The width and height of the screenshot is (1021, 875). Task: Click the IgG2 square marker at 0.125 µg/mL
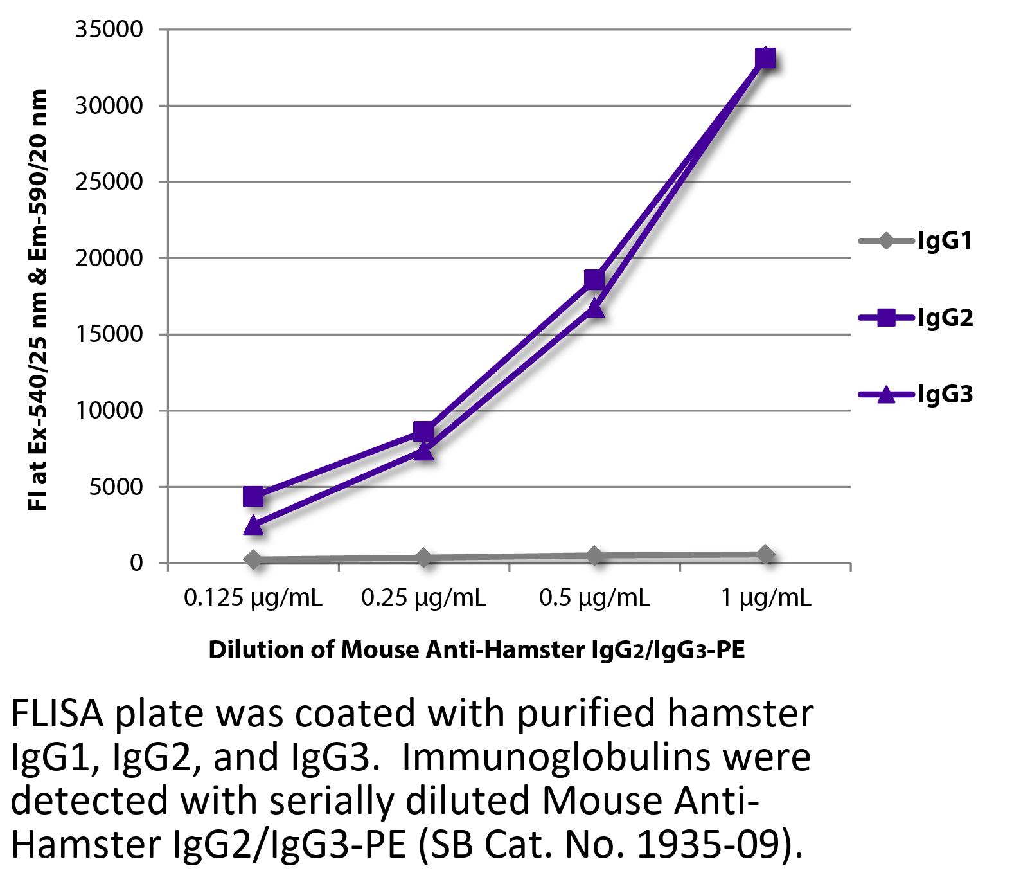[x=253, y=496]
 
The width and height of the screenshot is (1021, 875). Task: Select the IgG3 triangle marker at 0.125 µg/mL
[x=253, y=525]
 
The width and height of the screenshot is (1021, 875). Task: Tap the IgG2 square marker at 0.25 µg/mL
[x=423, y=431]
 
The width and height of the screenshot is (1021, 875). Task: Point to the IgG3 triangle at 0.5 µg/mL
[x=594, y=309]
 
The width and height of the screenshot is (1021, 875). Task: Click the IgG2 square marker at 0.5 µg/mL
[x=594, y=280]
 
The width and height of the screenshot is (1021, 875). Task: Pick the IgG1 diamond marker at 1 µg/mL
[x=765, y=554]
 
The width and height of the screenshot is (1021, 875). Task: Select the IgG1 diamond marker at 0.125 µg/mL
[x=253, y=559]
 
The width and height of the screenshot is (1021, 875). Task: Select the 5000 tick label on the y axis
[x=116, y=487]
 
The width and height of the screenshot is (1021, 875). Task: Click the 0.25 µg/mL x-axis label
[x=423, y=599]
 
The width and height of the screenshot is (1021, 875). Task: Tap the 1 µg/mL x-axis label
[x=765, y=599]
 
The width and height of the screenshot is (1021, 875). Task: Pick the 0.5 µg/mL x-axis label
[x=594, y=599]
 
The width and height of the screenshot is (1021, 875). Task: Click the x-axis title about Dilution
[x=476, y=650]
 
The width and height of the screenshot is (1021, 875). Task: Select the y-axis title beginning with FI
[x=39, y=300]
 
